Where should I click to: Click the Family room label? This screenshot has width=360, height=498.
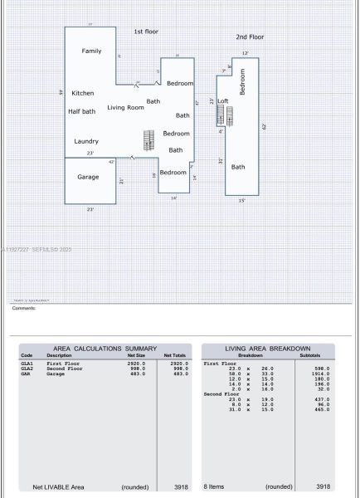click(91, 51)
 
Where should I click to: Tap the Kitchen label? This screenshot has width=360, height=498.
click(83, 93)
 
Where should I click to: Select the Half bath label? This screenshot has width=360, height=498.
click(82, 111)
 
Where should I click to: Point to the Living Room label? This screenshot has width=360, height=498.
click(125, 108)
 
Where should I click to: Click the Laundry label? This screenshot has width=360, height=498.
click(86, 141)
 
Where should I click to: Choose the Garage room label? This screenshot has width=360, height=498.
click(88, 177)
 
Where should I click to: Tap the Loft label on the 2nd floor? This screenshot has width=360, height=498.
click(223, 101)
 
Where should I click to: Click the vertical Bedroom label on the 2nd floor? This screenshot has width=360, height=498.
click(243, 81)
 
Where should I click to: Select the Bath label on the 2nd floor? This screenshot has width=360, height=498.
click(238, 167)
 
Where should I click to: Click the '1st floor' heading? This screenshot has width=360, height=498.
click(146, 32)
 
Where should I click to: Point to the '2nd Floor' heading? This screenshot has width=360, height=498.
click(250, 37)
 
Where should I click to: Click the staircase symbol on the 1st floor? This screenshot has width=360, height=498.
click(149, 139)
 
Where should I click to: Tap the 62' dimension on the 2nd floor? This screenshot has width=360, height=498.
click(264, 126)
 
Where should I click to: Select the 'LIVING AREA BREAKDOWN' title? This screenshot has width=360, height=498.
click(268, 349)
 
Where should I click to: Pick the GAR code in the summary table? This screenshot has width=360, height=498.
click(27, 374)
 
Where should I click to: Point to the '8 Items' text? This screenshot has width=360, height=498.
click(215, 487)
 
